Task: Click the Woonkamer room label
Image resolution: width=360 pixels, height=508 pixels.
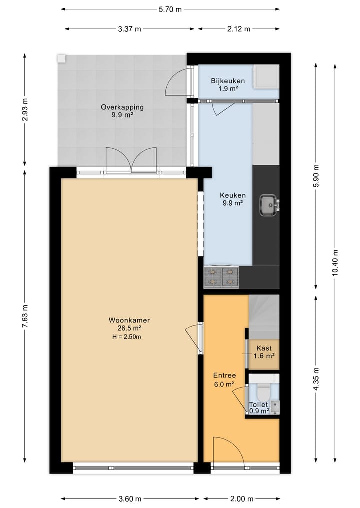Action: (x=129, y=320)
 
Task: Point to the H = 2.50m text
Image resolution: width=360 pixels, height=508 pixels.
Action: (x=127, y=337)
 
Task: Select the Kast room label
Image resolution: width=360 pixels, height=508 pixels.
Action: (x=264, y=348)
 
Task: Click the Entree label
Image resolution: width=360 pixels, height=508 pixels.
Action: (x=224, y=375)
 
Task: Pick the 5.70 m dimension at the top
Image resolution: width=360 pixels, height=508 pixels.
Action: (x=170, y=9)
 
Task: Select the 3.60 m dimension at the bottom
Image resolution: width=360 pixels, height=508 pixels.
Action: (x=130, y=499)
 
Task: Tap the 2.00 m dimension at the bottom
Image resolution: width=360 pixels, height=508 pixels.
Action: (x=241, y=499)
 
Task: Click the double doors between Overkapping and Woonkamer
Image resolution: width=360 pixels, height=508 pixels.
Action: (x=131, y=161)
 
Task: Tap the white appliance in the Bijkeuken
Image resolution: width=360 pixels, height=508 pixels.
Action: (x=266, y=77)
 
